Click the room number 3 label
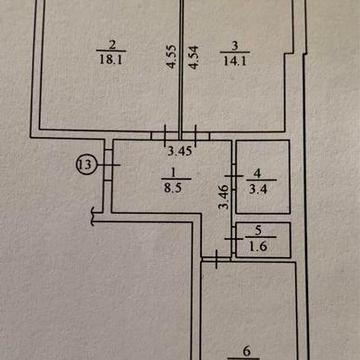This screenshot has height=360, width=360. point(233,43)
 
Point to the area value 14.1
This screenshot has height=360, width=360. point(233,57)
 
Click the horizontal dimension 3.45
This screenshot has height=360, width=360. point(179,154)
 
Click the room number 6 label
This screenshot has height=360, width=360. point(248,350)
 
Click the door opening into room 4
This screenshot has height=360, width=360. point(232,179)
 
